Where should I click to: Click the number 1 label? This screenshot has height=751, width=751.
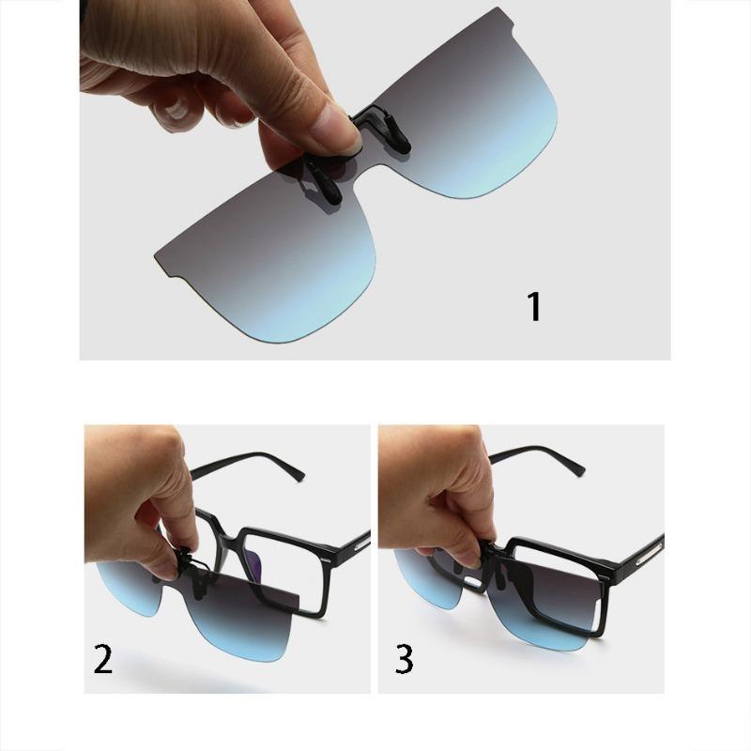pyautogui.click(x=534, y=307)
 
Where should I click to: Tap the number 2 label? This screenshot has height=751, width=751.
pyautogui.click(x=103, y=659)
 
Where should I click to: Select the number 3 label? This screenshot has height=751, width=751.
pyautogui.click(x=404, y=659)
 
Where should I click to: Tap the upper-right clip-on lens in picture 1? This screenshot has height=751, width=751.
pyautogui.click(x=469, y=103)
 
